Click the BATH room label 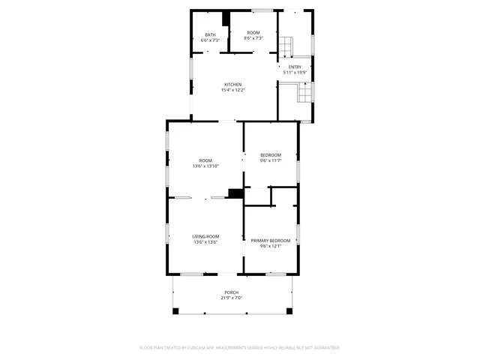[210, 34]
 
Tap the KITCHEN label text [232, 84]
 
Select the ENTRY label [295, 67]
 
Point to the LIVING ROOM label [205, 236]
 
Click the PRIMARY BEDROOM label [270, 241]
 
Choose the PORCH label [232, 292]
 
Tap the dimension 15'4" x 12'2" [232, 90]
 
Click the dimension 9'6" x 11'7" [270, 160]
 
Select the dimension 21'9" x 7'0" [232, 298]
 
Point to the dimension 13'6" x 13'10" [205, 166]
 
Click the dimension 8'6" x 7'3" [253, 38]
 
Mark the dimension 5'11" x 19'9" [295, 72]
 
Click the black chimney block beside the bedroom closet [235, 193]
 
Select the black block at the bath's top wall [225, 17]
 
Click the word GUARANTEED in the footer [324, 347]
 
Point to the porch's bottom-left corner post [174, 311]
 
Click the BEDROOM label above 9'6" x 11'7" [270, 154]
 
